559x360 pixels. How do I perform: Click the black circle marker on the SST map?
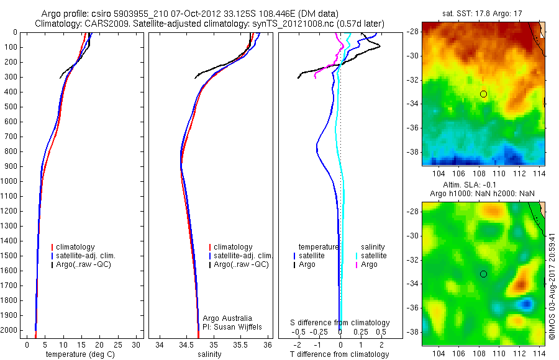tap(483, 94)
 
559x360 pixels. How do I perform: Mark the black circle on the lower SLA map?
tap(483, 274)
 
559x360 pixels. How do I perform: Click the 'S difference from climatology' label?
tap(340, 323)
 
